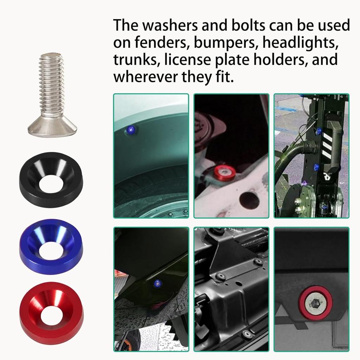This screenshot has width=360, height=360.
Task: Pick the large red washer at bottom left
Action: coord(51,308)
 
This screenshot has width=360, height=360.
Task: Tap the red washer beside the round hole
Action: coord(225,172)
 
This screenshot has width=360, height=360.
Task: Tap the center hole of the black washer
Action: coord(51,185)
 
